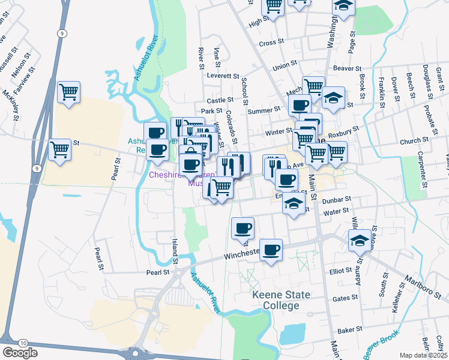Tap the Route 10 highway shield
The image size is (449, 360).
tap(23, 342)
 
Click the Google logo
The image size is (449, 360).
tap(20, 352)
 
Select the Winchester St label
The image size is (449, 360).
tap(243, 254)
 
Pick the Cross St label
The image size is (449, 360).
tap(271, 43)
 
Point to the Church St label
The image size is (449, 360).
tap(414, 140)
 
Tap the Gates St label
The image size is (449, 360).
tap(345, 297)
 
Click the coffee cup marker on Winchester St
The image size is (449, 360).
tap(271, 249)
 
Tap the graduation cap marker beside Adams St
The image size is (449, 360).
tap(360, 241)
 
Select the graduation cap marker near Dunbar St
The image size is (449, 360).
tap(294, 203)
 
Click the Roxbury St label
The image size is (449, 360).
tap(346, 128)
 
